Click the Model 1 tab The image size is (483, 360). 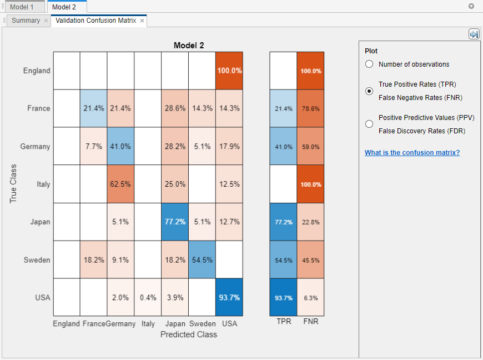point(22,7)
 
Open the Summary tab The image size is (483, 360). point(26,21)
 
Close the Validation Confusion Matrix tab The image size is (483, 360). point(142,21)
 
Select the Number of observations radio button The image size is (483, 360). point(369,64)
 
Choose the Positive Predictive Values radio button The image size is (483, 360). point(369,124)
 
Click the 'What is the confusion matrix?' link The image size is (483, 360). point(412,153)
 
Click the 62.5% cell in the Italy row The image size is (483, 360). point(120,184)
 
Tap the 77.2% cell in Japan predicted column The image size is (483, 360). point(175,222)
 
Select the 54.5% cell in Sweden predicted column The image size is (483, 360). point(202,260)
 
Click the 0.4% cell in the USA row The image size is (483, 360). point(148,297)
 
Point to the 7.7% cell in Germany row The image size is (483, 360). point(93,147)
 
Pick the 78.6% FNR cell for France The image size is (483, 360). point(310,109)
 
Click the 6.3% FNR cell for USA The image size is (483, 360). point(310,298)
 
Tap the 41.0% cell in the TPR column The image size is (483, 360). point(283,147)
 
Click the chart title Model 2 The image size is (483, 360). point(189,46)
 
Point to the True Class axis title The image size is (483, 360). point(14,183)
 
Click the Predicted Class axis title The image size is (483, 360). point(189,334)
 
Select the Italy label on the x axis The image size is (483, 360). point(148,324)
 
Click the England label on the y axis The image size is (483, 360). point(37,71)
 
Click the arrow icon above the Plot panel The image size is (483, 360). point(474,34)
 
